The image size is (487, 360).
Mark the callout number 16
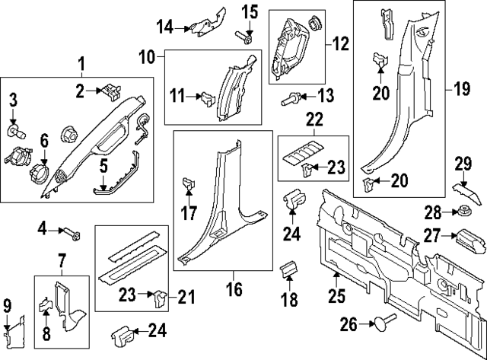pyautogui.click(x=234, y=289)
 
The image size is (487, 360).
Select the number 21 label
pyautogui.click(x=183, y=297)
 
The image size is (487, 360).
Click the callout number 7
pyautogui.click(x=62, y=264)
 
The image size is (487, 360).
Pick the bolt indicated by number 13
pyautogui.click(x=290, y=97)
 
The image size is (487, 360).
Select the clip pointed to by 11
pyautogui.click(x=205, y=97)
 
